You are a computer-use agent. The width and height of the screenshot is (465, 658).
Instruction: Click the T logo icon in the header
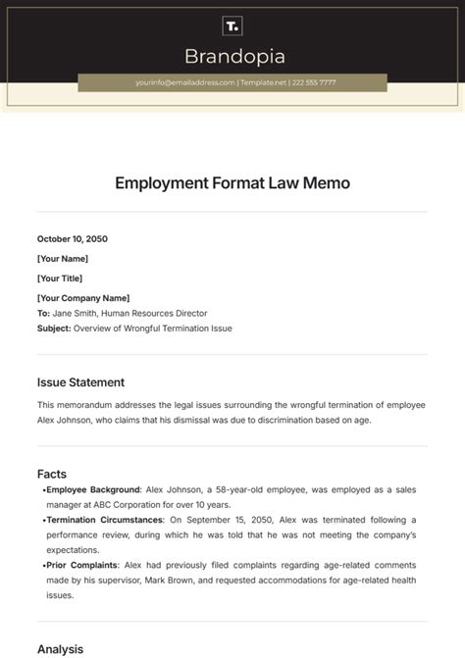232,25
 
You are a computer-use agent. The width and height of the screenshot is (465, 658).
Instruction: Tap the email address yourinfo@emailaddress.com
185,83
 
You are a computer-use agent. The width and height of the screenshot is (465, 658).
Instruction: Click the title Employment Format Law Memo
232,182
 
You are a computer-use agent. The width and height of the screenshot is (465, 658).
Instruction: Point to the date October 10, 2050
73,238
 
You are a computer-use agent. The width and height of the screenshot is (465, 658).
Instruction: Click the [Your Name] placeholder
63,259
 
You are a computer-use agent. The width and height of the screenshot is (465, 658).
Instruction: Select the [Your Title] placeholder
61,278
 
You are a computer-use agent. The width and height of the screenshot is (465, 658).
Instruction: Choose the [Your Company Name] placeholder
83,298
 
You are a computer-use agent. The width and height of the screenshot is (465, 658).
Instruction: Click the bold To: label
44,313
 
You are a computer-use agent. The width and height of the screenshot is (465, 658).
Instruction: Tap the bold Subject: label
54,328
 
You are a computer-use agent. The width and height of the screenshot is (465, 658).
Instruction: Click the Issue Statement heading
80,382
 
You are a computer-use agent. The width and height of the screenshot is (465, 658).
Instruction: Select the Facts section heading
52,474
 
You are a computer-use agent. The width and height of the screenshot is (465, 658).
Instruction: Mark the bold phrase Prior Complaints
82,566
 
